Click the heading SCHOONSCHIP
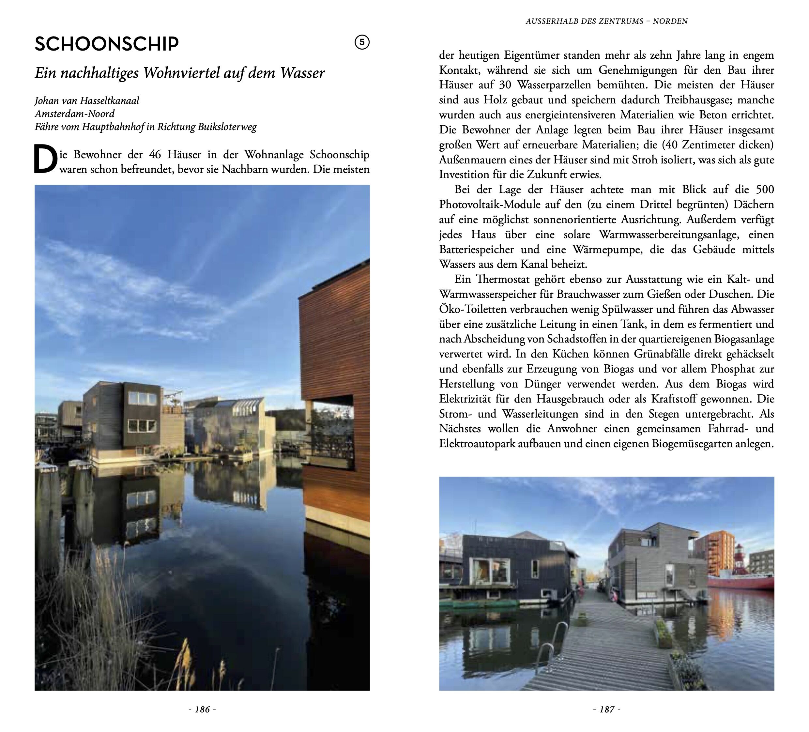[x=107, y=44]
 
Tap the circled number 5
[x=362, y=42]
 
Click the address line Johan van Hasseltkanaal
[x=87, y=100]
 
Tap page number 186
[x=202, y=709]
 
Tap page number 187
[x=607, y=709]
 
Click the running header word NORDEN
[x=670, y=21]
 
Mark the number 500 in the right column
[x=765, y=190]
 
